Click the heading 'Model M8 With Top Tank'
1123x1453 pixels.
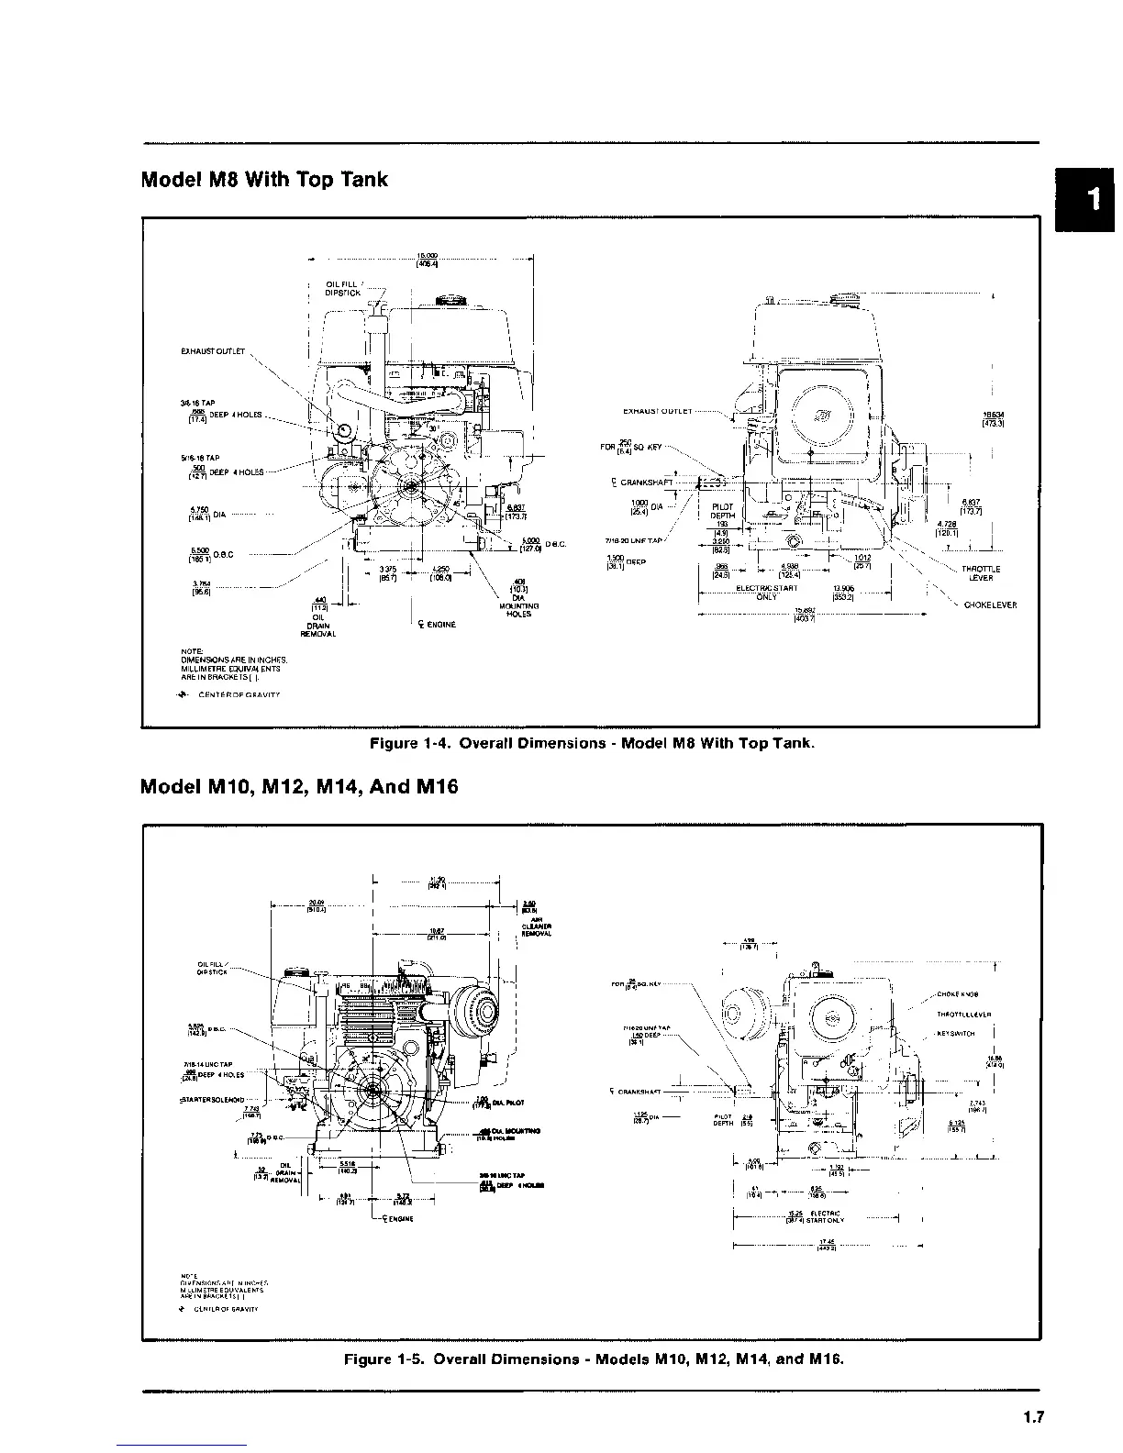[264, 180]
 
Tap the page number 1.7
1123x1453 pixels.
[1033, 1417]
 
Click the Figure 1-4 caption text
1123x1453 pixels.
[591, 742]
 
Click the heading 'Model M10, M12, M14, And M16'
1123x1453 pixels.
[299, 787]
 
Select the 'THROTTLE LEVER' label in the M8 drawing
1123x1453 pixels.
[981, 573]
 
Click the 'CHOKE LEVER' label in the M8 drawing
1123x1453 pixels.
[990, 604]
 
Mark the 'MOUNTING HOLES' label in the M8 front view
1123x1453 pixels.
[518, 610]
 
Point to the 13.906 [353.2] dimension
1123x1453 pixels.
[842, 592]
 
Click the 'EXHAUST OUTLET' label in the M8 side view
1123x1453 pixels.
[658, 411]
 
